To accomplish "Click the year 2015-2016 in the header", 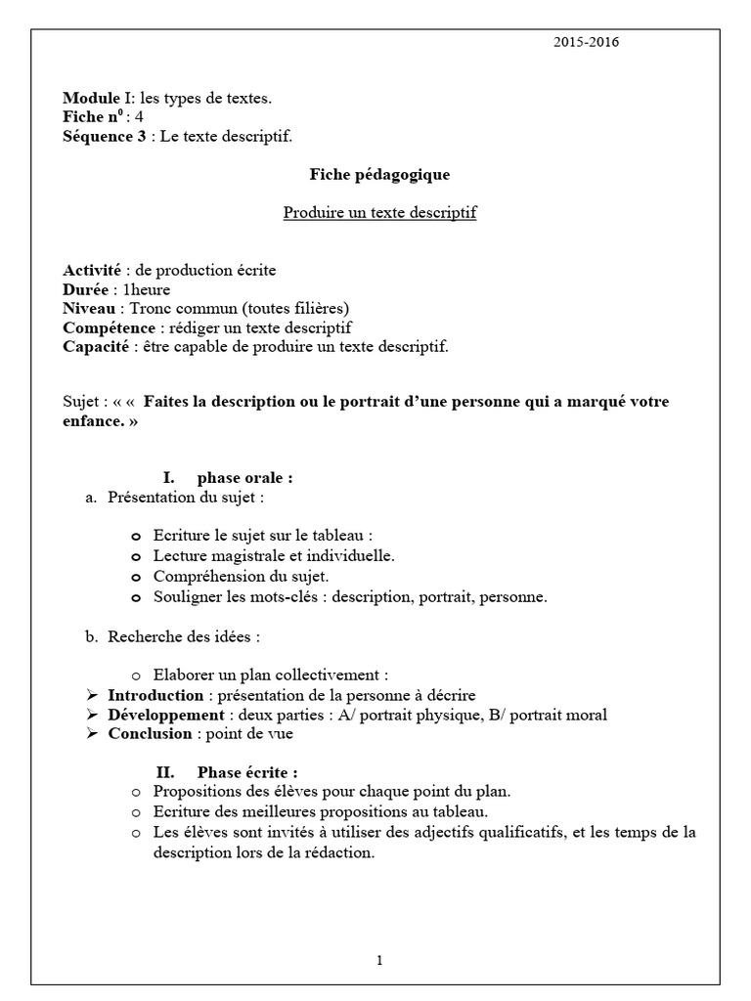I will [x=586, y=42].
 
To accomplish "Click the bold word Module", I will [x=90, y=98].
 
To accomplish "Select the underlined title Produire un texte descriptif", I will [x=379, y=212].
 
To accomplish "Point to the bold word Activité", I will [x=92, y=271].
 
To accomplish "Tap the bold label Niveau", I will [x=90, y=309].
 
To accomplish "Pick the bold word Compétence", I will [x=108, y=327].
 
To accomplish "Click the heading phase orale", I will [x=244, y=478].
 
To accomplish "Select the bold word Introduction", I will [x=155, y=695].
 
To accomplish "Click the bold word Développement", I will [x=165, y=715].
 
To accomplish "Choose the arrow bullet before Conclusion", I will [x=93, y=733].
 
